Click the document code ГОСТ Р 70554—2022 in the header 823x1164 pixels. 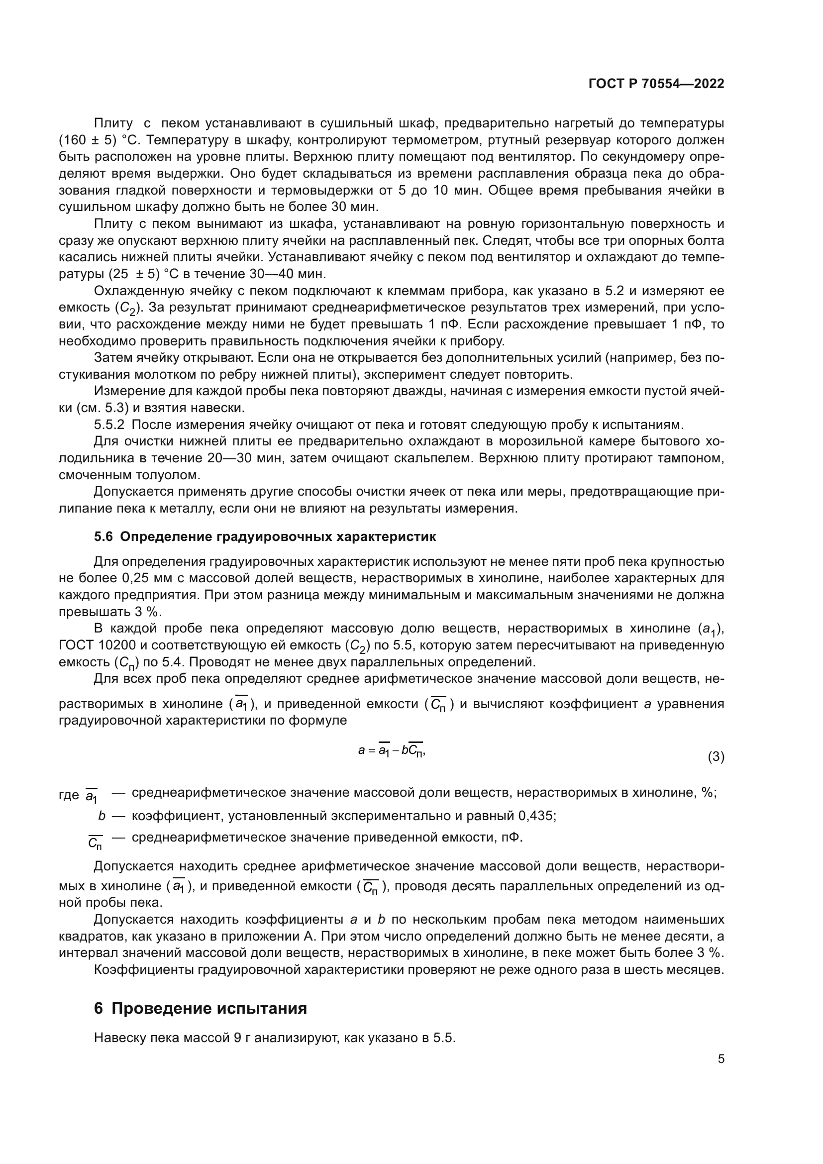coord(656,84)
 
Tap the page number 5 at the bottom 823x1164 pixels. coord(720,1059)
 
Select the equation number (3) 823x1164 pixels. coord(716,757)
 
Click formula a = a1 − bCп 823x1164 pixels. coord(391,751)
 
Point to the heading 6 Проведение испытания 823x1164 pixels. coord(200,1008)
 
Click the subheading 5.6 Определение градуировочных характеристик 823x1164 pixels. coord(265,537)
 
